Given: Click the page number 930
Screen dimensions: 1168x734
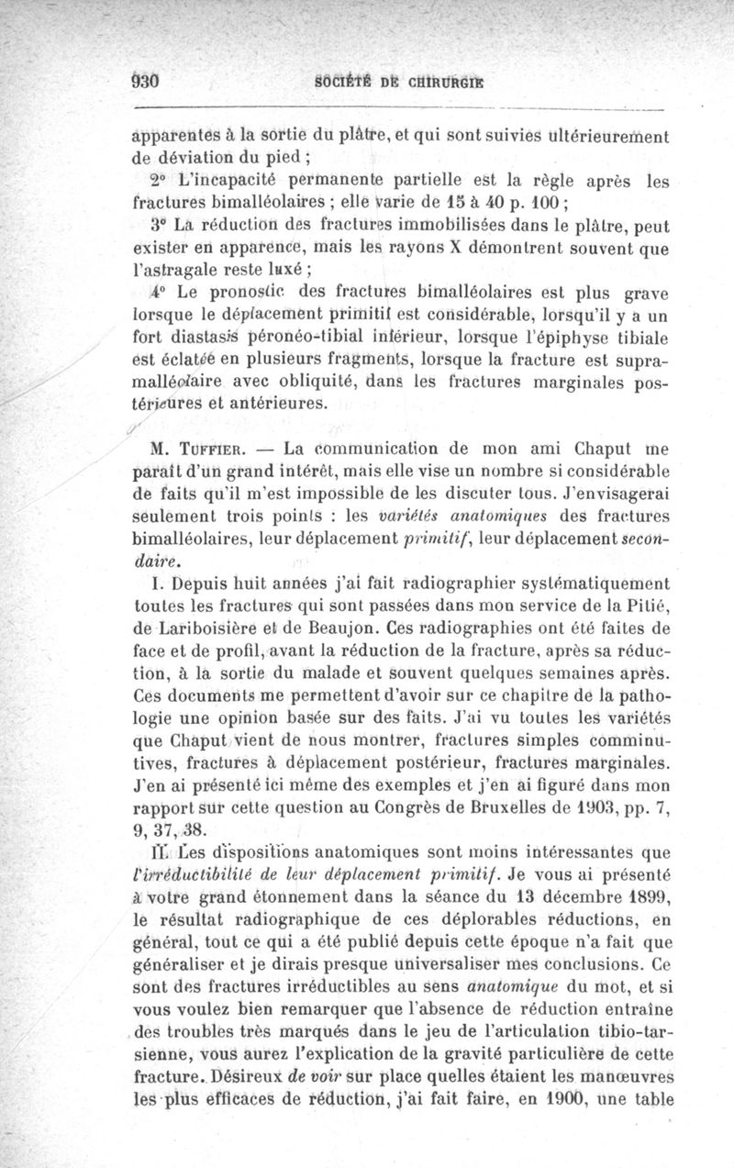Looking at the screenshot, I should click(x=146, y=80).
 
